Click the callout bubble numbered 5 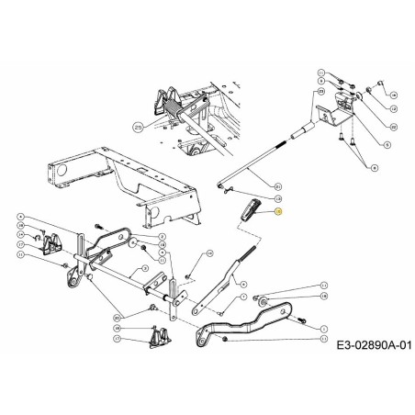[x=386, y=144]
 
